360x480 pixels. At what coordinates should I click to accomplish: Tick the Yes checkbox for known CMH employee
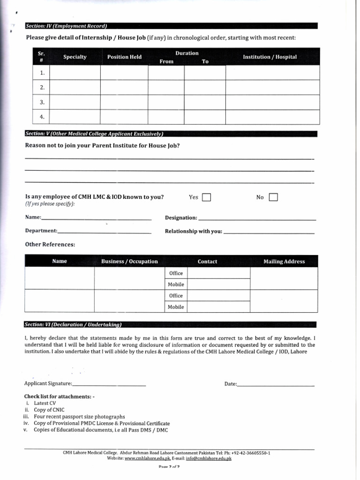pos(206,197)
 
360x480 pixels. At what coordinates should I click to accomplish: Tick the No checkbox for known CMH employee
pos(273,197)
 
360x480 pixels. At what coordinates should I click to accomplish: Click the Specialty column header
pos(75,57)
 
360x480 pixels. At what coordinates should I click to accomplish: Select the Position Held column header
pos(124,57)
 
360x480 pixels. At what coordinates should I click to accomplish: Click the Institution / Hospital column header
pos(270,57)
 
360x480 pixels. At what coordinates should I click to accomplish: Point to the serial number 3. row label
pos(42,102)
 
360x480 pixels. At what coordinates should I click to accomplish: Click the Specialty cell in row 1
pos(75,73)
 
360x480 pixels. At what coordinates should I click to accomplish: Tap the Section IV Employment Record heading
pos(66,26)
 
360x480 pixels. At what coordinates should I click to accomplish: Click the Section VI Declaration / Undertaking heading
pos(73,324)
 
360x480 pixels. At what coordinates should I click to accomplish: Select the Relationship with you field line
pos(269,232)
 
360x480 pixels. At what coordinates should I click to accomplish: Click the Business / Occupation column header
pos(129,262)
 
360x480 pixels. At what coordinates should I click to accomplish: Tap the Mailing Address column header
pos(284,262)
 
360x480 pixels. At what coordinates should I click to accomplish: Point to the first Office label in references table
pos(176,273)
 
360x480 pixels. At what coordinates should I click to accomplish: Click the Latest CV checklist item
pos(45,403)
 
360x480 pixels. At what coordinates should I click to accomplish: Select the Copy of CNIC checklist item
pos(49,410)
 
